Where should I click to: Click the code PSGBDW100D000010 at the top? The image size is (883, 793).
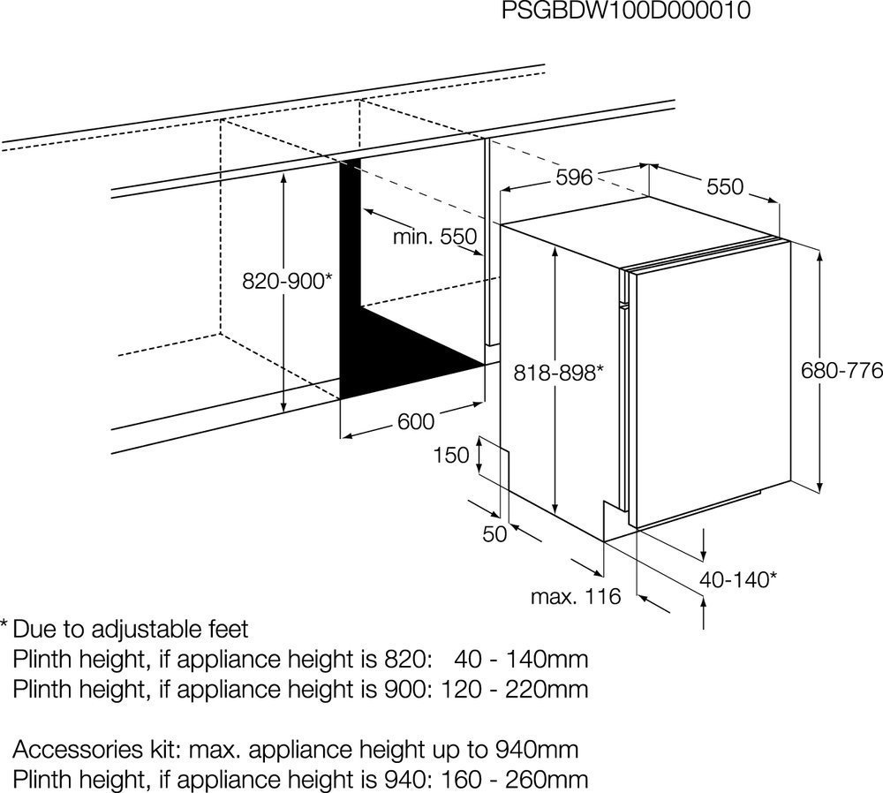point(626,11)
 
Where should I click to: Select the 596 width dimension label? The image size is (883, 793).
point(575,177)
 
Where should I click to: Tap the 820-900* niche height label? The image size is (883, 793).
point(287,281)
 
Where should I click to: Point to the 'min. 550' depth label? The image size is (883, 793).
point(434,237)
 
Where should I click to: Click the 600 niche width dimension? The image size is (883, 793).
point(416,421)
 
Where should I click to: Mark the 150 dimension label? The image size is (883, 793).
point(451,455)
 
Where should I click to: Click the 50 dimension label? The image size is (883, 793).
point(495,534)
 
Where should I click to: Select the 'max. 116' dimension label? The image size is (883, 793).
point(576,596)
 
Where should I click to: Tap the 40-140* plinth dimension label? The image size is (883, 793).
point(738,579)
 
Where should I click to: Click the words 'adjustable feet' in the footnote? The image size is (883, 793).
point(170,630)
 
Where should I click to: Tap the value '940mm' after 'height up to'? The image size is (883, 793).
point(537,750)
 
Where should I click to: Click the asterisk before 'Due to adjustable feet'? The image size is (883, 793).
point(4,624)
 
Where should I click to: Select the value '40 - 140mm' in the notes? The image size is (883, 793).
point(521,659)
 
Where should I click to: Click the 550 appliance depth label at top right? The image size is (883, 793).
point(725,186)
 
